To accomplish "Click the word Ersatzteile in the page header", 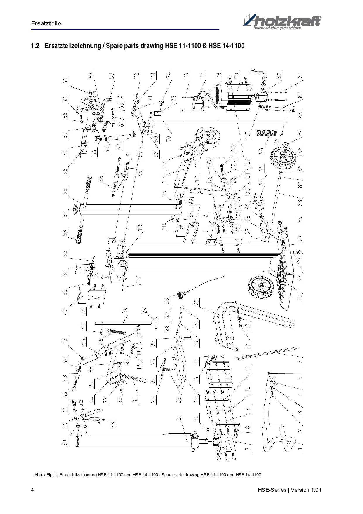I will pyautogui.click(x=46, y=24).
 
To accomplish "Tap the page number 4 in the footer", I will pyautogui.click(x=32, y=490).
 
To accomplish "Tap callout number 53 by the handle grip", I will pyautogui.click(x=65, y=233).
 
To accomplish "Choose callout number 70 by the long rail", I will pyautogui.click(x=168, y=136).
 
